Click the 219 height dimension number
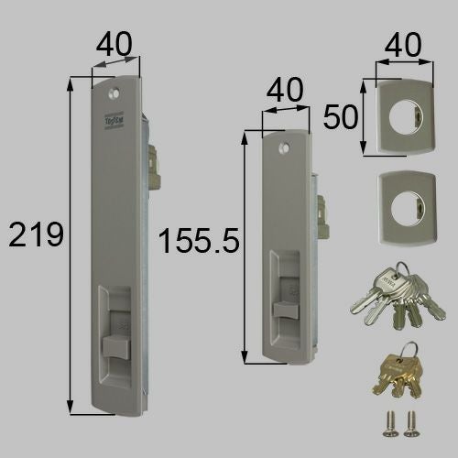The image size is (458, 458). (36, 235)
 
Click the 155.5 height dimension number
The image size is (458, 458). (198, 242)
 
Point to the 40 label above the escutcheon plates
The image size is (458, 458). (403, 43)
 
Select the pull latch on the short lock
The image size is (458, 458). (284, 306)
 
